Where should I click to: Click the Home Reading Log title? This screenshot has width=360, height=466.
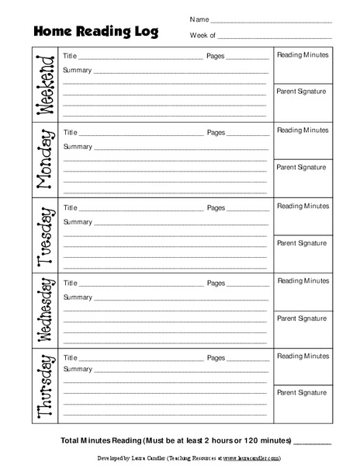pos(95,31)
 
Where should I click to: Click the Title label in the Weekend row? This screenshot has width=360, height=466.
pos(70,57)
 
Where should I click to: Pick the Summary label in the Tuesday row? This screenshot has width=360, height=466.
pos(78,221)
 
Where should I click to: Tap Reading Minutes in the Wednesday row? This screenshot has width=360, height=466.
pos(303,280)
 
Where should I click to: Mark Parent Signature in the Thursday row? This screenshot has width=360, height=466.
pos(301,391)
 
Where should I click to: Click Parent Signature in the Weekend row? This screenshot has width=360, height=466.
pos(301,92)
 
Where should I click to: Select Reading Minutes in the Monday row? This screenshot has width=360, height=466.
pos(303,130)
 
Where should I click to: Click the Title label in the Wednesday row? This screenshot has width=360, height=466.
pos(70,283)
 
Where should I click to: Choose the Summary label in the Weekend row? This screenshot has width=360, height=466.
pos(78,71)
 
